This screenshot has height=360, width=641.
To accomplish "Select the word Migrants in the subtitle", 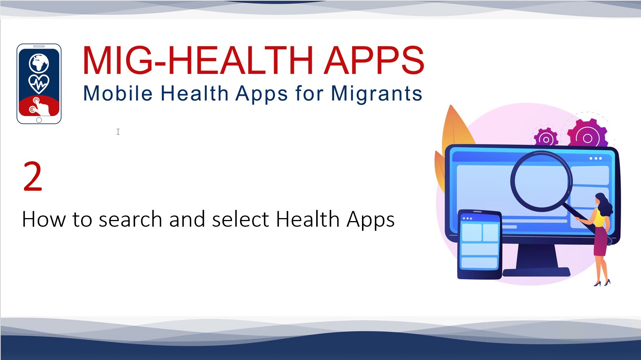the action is tap(377, 94).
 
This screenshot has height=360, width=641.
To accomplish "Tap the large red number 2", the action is tap(33, 176).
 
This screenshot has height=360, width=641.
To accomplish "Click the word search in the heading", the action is tap(130, 219).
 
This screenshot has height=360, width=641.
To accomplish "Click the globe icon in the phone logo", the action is tap(39, 63).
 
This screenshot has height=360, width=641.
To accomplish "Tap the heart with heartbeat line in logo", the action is tap(39, 84).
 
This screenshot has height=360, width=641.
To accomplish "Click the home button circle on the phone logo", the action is tap(39, 120).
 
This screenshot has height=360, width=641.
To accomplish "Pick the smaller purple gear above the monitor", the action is tap(546, 138).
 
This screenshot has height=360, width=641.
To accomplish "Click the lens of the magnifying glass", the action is tap(541, 181).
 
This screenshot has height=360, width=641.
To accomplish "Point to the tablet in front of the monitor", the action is tap(479, 244).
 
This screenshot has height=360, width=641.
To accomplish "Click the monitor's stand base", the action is tap(536, 272).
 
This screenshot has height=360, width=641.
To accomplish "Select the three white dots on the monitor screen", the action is tap(596, 158).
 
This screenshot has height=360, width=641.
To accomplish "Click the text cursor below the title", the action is tap(118, 132).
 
